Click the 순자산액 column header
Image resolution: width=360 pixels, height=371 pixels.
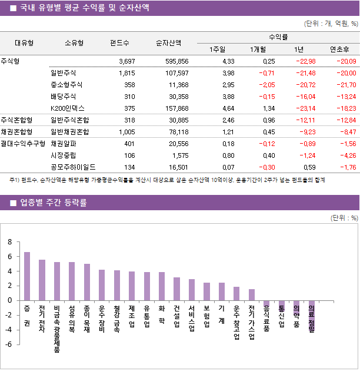(x=168, y=42)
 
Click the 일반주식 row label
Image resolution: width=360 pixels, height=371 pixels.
(x=64, y=73)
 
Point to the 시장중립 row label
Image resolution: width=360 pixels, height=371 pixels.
(x=64, y=155)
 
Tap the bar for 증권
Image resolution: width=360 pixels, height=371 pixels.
(x=27, y=276)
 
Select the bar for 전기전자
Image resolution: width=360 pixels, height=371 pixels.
(x=42, y=280)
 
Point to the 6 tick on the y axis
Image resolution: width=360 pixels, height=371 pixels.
(x=9, y=257)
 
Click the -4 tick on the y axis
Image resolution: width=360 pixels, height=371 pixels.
(x=8, y=330)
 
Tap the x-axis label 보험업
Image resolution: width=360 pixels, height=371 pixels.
(x=206, y=317)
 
